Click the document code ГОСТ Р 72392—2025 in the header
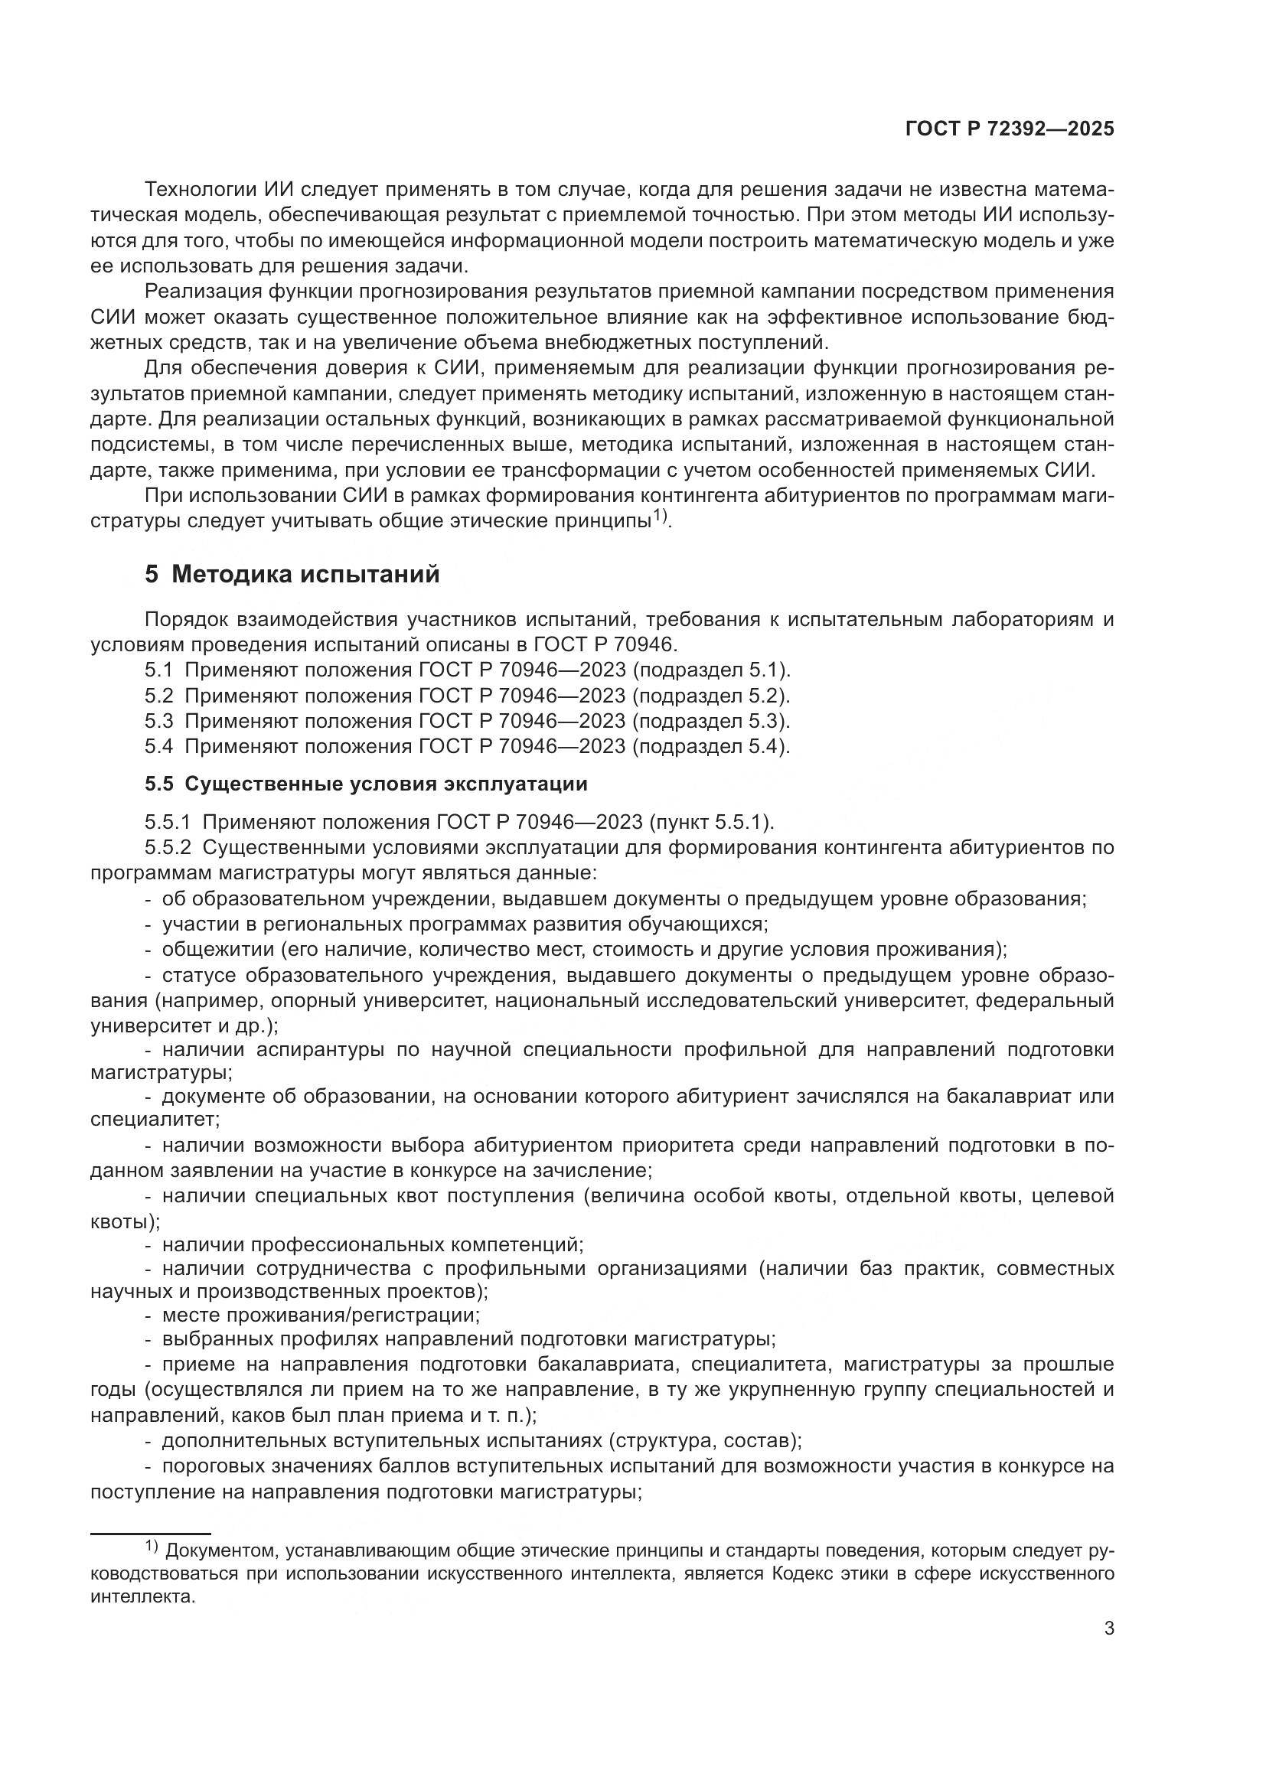click(1010, 129)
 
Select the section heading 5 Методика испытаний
click(292, 575)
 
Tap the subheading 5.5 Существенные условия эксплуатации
click(366, 784)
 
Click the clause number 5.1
click(158, 670)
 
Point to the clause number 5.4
click(158, 746)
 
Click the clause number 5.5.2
click(168, 847)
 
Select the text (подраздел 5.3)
click(711, 720)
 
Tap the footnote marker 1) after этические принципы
click(661, 516)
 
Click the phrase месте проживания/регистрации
click(321, 1316)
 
